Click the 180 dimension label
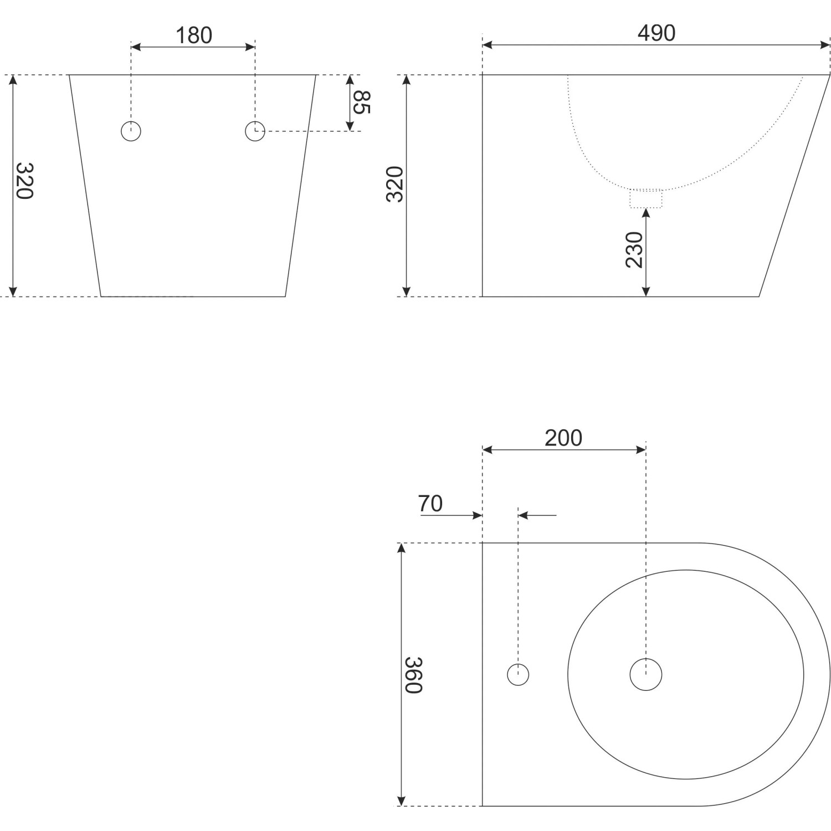(194, 35)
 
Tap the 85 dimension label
(361, 102)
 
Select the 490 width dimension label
(656, 33)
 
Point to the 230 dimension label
(634, 250)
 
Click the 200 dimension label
(563, 438)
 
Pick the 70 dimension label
(430, 504)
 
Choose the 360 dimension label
(413, 675)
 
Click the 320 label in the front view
(25, 181)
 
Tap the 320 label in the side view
(394, 184)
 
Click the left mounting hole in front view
(131, 131)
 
